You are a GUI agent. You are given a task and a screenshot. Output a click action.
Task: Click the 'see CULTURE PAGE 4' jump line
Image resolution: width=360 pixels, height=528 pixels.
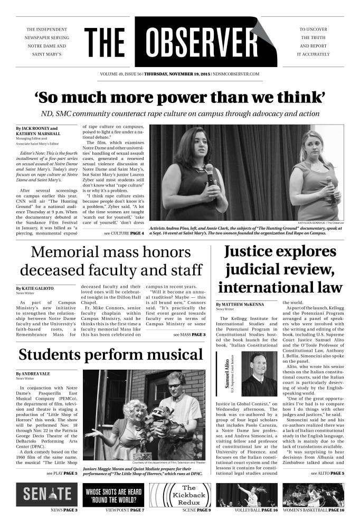(x=124, y=232)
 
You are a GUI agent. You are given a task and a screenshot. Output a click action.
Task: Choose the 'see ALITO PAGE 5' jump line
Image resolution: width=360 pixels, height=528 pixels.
(x=327, y=473)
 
